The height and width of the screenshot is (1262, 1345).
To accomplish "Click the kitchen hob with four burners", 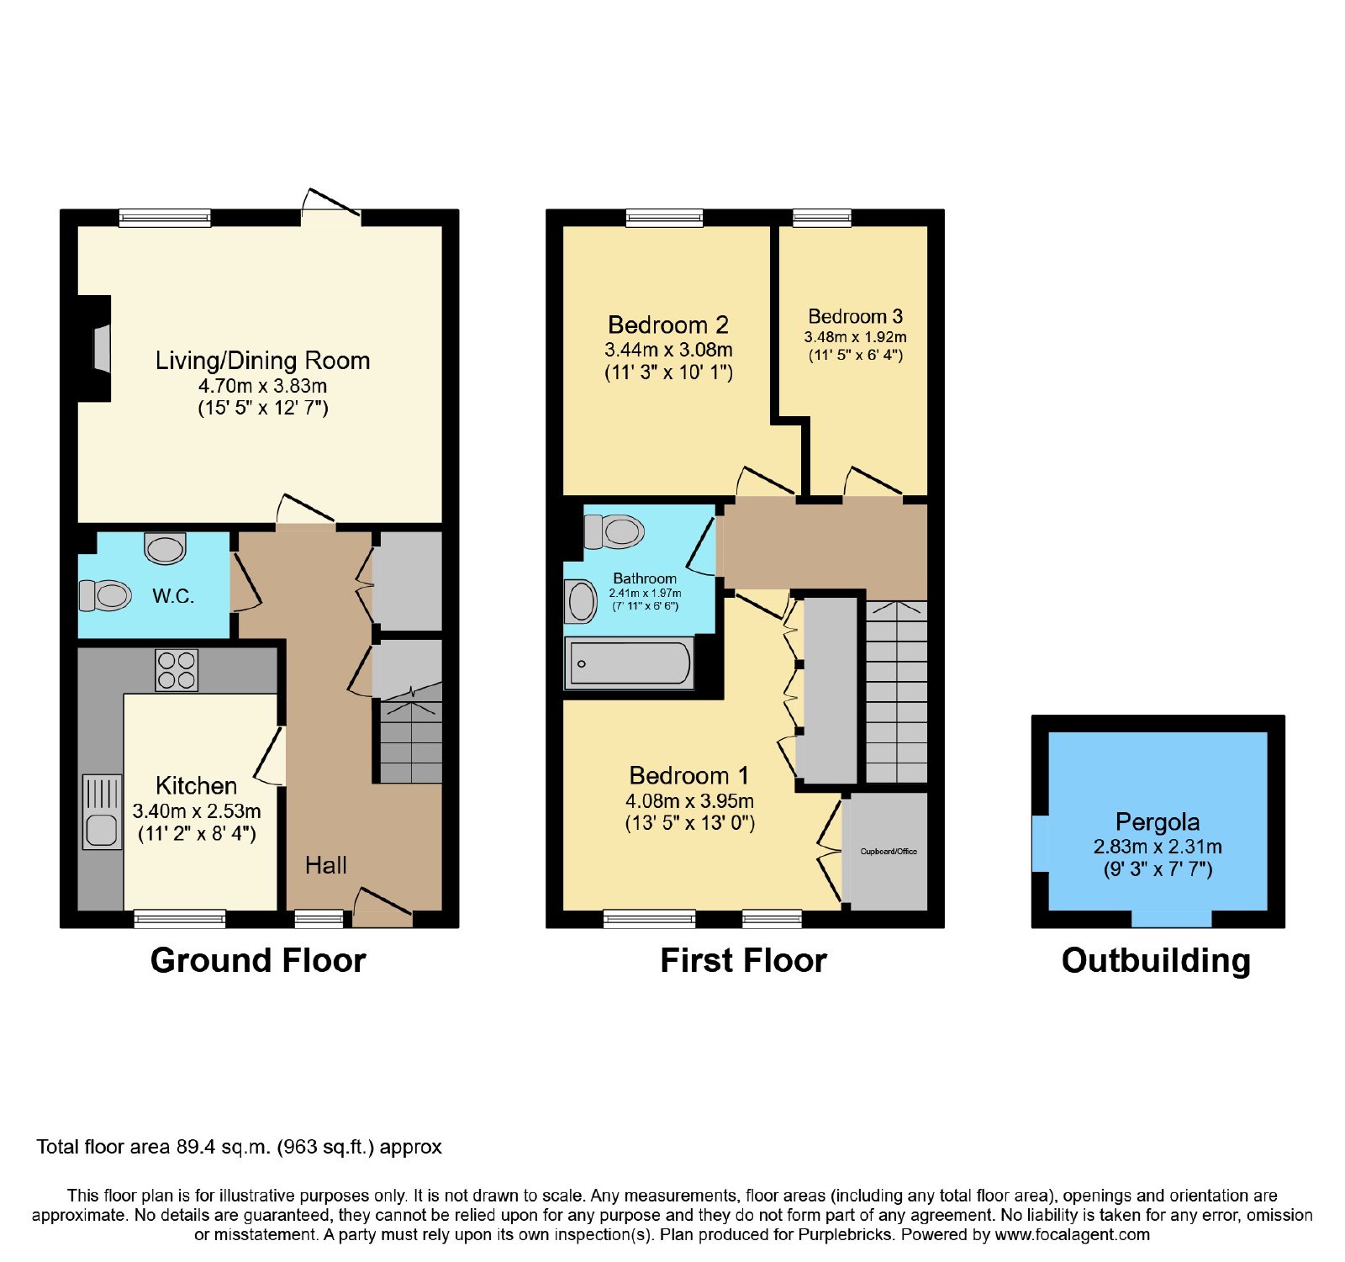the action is click(x=177, y=671).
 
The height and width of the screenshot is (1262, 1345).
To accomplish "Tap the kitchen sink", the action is click(x=103, y=811).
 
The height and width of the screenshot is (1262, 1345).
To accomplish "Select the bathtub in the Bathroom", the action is click(x=630, y=663).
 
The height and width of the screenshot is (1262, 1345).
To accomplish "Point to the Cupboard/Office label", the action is click(x=889, y=852).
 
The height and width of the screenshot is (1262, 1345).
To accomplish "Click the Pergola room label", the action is click(x=1158, y=821).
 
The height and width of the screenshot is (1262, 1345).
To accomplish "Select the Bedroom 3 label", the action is click(x=855, y=316).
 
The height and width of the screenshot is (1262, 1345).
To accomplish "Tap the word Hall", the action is click(x=325, y=865).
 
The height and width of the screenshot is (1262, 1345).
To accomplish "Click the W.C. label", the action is click(x=173, y=596).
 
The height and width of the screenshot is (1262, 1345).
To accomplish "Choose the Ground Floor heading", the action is click(x=258, y=960).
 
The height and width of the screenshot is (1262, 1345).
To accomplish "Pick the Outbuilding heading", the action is click(x=1156, y=960).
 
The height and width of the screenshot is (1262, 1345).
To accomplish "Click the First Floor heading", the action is click(x=744, y=960).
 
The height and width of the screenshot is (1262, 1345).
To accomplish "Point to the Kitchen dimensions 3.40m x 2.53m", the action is click(x=197, y=811).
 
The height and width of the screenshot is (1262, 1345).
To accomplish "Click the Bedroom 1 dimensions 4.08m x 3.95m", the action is click(x=689, y=801).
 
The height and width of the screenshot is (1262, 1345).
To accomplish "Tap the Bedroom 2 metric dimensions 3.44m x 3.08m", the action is click(x=668, y=350).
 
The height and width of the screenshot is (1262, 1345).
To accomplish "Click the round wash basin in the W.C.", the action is click(x=165, y=547).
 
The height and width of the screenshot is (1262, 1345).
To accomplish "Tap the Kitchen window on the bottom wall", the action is click(x=180, y=919).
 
